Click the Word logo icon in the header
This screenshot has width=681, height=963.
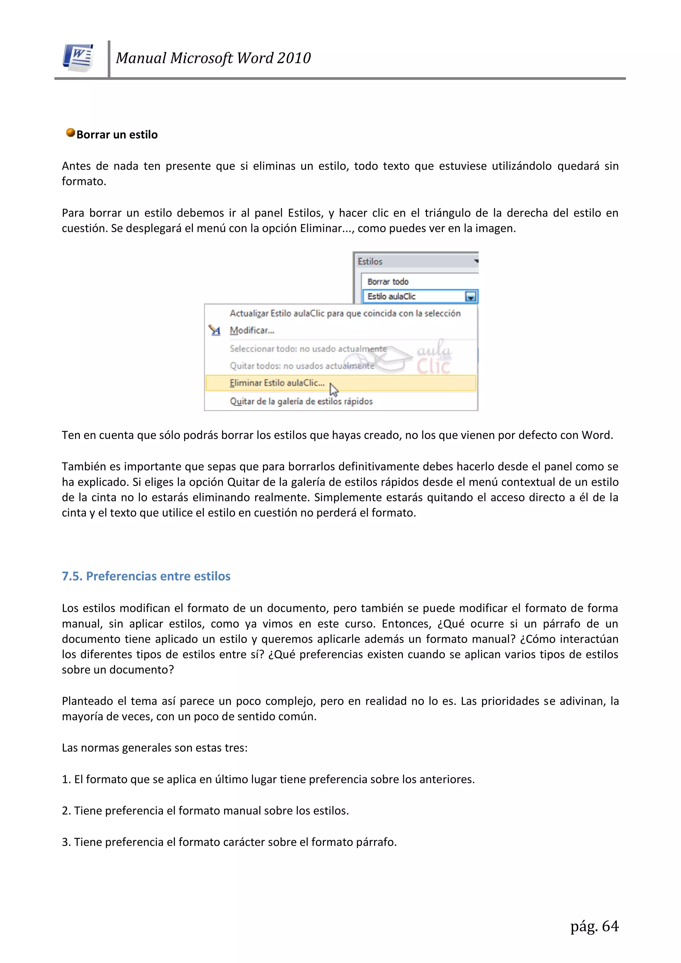click(78, 58)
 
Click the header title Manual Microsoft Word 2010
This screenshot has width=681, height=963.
click(213, 58)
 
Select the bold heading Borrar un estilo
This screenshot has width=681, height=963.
click(117, 135)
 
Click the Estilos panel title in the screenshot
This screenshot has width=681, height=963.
click(370, 262)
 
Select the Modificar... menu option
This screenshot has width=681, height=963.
click(252, 331)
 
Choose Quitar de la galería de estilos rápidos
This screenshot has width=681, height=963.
click(301, 401)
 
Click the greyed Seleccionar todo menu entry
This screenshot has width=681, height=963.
click(308, 349)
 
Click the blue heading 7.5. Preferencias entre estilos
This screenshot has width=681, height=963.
click(146, 576)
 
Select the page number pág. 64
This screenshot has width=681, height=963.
click(594, 926)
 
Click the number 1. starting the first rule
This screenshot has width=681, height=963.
click(66, 779)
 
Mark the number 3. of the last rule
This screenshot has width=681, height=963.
click(66, 842)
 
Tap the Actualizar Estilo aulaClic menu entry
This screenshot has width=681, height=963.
click(345, 313)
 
